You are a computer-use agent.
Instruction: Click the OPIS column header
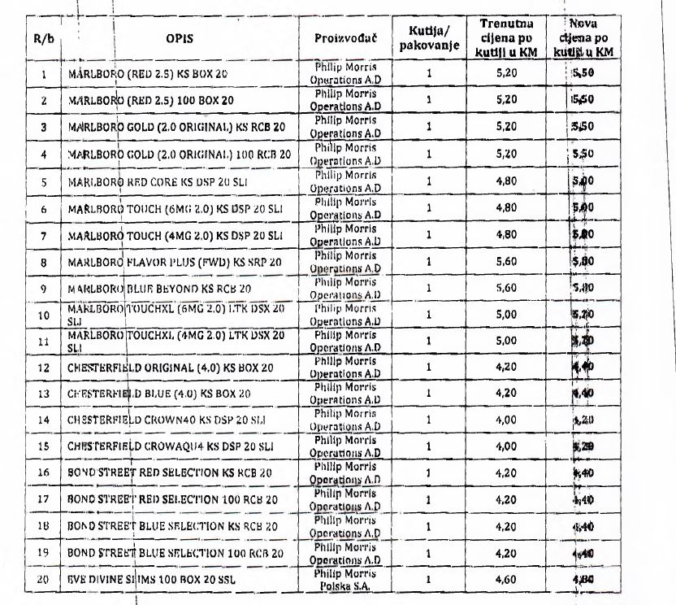(180, 38)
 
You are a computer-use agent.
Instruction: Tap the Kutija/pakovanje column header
(431, 38)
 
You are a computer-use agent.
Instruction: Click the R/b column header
(43, 38)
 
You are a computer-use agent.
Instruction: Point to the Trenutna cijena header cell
(506, 38)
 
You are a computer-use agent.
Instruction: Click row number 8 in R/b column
(43, 263)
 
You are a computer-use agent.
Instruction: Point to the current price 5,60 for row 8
(506, 263)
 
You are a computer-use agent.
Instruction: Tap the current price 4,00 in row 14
(506, 420)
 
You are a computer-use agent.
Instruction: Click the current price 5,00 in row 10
(506, 315)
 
